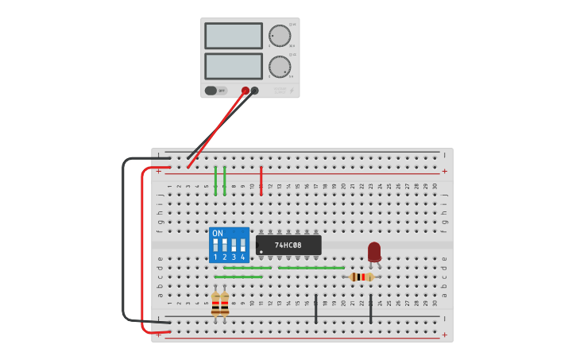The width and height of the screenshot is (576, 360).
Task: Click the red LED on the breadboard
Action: (x=374, y=251)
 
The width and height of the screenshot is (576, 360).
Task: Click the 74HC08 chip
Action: (x=288, y=245)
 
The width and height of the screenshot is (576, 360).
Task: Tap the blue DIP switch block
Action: (x=229, y=245)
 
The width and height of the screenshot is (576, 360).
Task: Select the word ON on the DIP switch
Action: (x=218, y=234)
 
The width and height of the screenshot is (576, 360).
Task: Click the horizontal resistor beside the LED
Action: (x=361, y=277)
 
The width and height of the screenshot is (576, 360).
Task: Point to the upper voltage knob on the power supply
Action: (x=279, y=36)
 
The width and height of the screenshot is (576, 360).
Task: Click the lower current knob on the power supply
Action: (x=279, y=66)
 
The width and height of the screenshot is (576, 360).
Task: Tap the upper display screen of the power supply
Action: (x=234, y=36)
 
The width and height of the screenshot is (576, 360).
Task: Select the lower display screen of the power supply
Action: (x=234, y=66)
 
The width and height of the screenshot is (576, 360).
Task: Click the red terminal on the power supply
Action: (x=245, y=91)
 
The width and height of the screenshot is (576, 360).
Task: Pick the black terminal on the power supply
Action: (x=255, y=91)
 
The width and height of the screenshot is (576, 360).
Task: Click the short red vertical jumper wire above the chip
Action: (x=261, y=180)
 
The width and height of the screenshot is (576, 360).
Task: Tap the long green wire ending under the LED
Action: (x=311, y=268)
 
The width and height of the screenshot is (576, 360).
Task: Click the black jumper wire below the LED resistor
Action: (x=371, y=308)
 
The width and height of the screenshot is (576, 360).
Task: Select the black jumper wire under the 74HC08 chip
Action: (x=316, y=308)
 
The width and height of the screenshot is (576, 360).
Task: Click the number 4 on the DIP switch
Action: (x=243, y=257)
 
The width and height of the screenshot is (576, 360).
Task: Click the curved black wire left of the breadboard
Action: (x=124, y=238)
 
